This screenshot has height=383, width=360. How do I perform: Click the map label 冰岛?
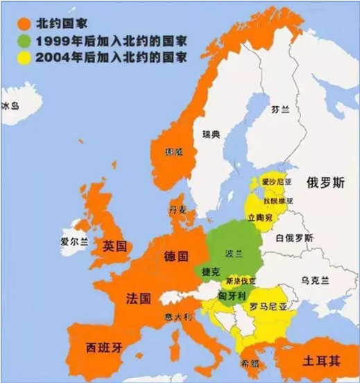pyautogui.click(x=11, y=107)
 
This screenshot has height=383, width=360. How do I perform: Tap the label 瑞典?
pyautogui.click(x=211, y=135)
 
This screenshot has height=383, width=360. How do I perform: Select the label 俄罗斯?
pyautogui.click(x=325, y=183)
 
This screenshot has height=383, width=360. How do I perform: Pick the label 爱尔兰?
pyautogui.click(x=74, y=242)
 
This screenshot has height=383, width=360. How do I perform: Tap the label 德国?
pyautogui.click(x=176, y=256)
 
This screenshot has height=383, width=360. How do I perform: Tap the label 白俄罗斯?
pyautogui.click(x=294, y=238)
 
